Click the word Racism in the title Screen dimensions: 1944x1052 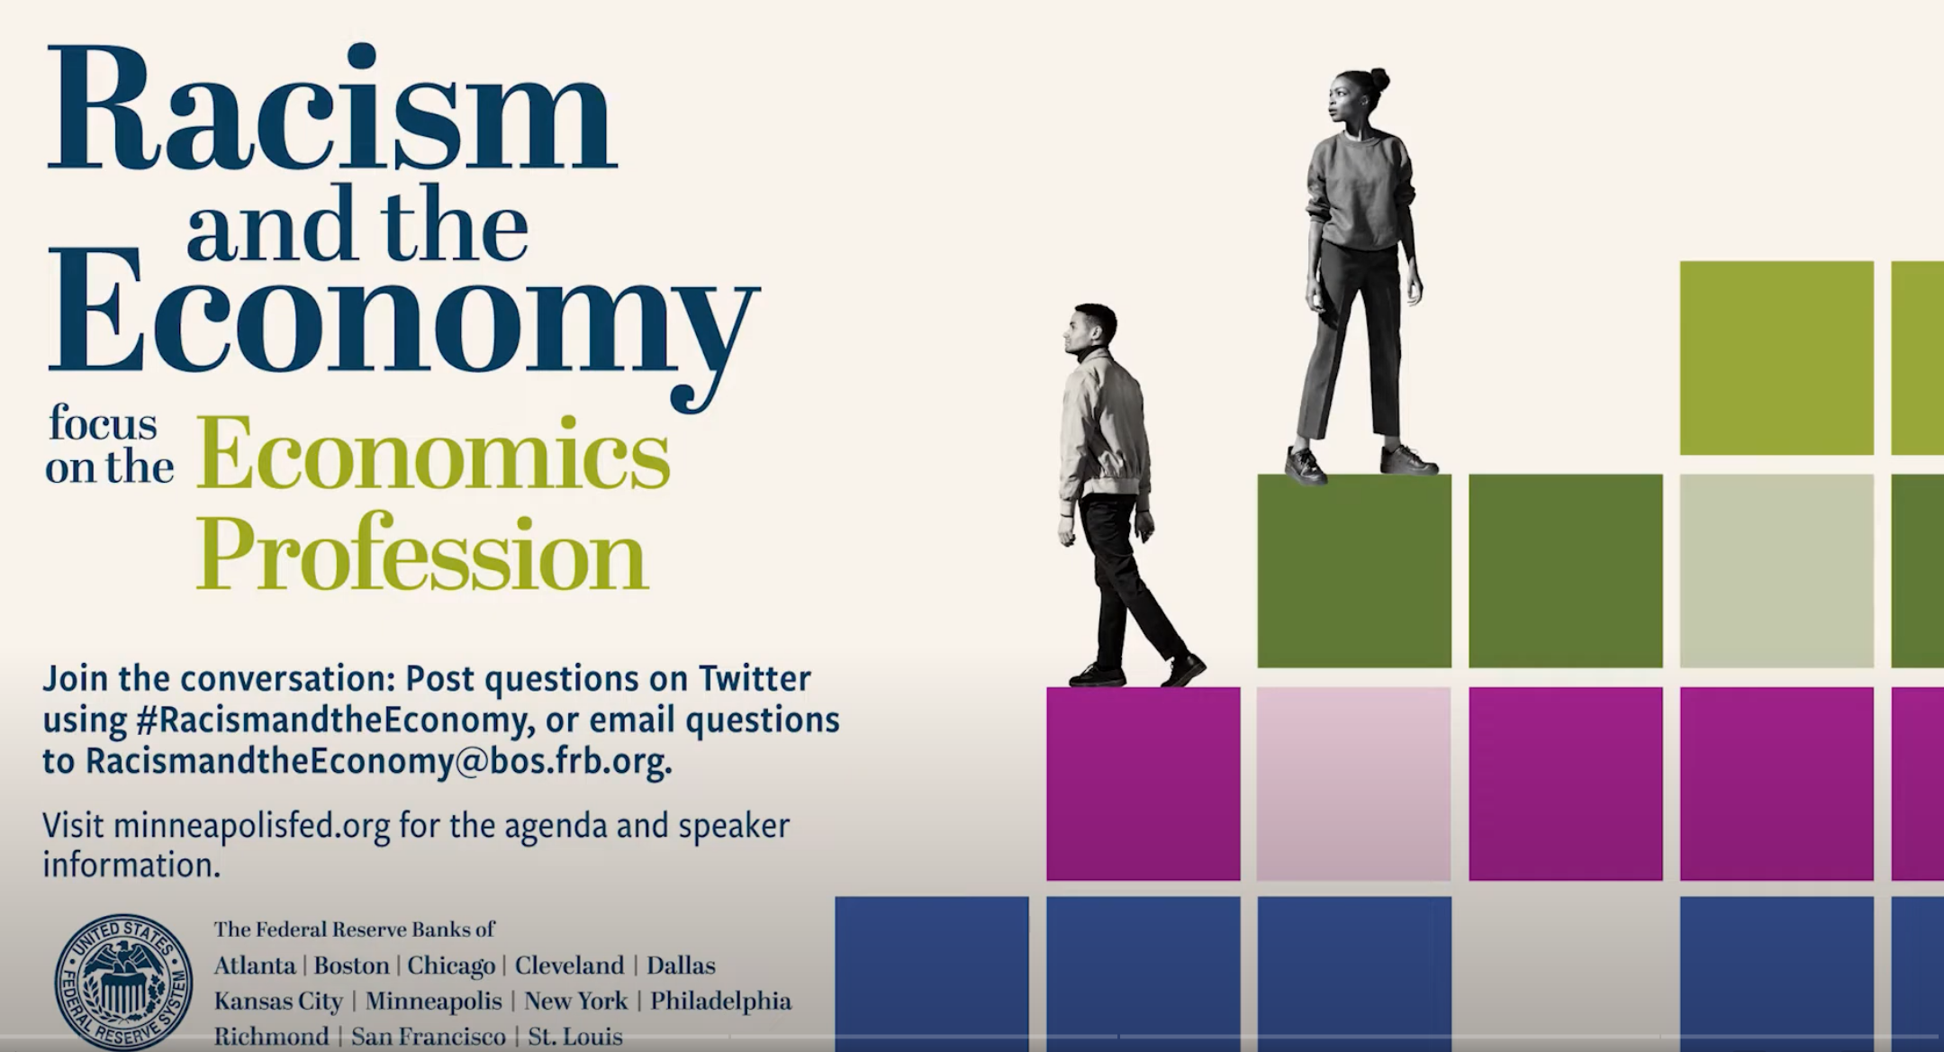[331, 108]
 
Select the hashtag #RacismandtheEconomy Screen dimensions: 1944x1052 [331, 721]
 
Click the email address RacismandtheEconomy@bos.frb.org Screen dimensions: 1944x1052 [378, 762]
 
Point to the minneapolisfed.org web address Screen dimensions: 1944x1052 [252, 827]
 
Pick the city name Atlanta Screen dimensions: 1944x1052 [255, 966]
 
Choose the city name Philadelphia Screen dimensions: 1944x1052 [721, 1002]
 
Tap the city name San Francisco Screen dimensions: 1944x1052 [429, 1037]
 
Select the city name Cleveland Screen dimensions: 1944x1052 [569, 966]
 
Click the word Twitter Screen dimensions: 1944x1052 [755, 678]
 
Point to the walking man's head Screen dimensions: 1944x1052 [1090, 332]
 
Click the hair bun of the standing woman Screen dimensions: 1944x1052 [1377, 81]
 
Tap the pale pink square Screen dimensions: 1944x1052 [1353, 784]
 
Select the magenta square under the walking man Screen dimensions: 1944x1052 [1143, 784]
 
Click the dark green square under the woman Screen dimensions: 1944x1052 [1354, 571]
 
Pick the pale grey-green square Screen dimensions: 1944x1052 [1777, 571]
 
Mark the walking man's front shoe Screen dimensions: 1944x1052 [1183, 670]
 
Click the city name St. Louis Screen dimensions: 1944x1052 [575, 1037]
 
